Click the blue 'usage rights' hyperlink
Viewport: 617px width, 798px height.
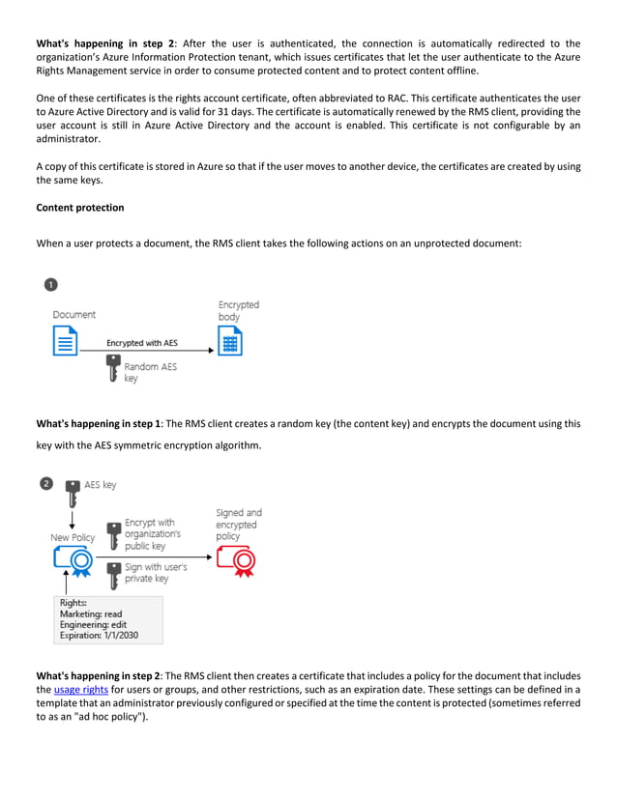coord(80,689)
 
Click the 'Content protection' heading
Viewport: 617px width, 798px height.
coord(79,208)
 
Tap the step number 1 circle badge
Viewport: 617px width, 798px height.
coord(50,285)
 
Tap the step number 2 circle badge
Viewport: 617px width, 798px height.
coord(46,483)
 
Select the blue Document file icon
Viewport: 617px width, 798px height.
coord(65,341)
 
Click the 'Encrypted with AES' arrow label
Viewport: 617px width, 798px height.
coord(141,343)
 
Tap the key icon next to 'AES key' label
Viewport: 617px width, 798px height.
coord(72,492)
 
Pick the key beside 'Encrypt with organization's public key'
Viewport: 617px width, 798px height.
coord(113,534)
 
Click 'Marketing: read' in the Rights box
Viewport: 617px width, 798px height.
coord(91,613)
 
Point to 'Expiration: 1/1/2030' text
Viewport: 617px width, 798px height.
coord(101,637)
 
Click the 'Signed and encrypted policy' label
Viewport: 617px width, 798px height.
coord(238,525)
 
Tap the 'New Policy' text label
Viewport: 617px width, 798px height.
coord(73,537)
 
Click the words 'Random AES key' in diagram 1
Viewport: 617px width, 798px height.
coord(150,372)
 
